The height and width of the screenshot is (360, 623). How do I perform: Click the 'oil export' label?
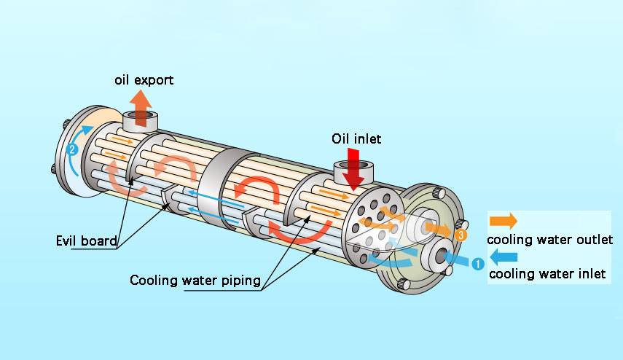click(144, 79)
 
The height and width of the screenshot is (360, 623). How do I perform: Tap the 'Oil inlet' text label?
click(356, 138)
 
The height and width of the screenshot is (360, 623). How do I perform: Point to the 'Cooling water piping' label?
click(195, 281)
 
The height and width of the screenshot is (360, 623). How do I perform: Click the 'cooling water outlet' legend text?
click(549, 239)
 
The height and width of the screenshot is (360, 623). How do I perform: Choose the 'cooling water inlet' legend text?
click(546, 274)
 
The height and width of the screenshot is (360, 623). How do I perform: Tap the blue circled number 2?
click(72, 150)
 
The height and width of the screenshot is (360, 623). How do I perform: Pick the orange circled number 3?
click(460, 235)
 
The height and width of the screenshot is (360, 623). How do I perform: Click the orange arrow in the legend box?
click(503, 221)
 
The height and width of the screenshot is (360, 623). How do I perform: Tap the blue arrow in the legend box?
click(504, 257)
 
